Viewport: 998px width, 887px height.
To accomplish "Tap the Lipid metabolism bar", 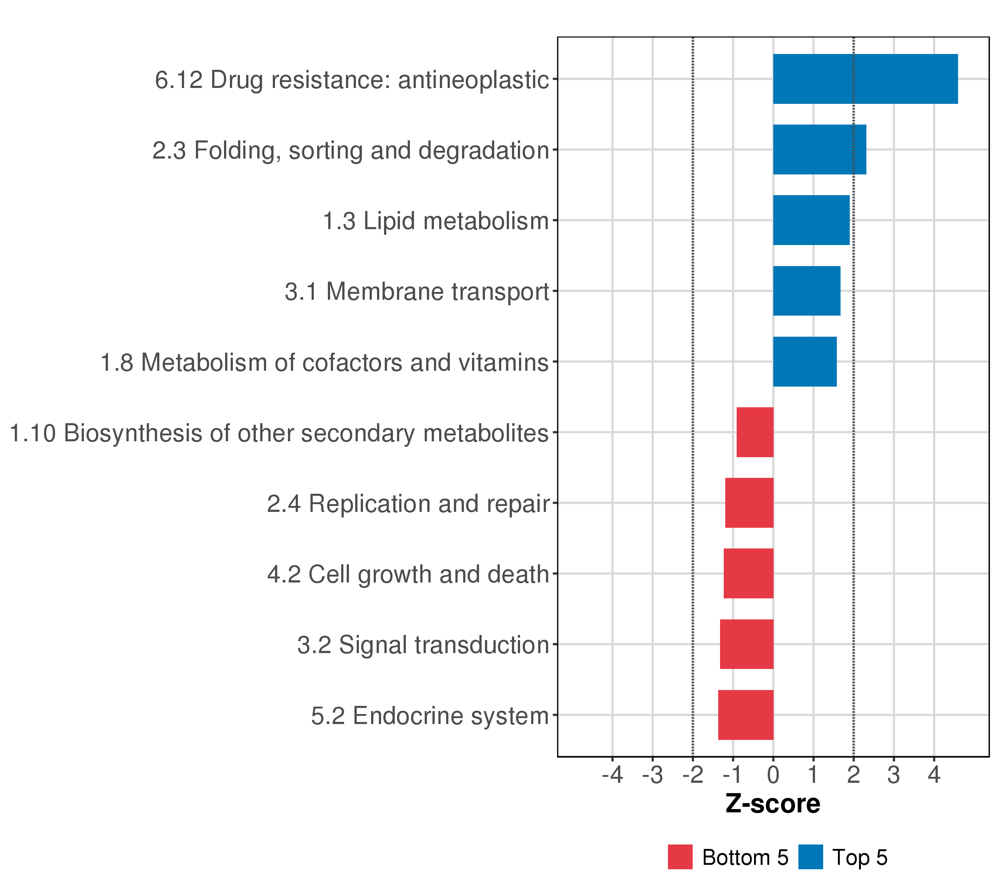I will tap(811, 220).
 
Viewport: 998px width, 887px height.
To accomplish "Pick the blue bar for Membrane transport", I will tap(806, 291).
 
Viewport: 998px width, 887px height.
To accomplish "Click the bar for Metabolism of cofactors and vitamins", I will tap(804, 362).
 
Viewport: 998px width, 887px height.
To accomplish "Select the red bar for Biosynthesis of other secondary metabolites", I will tap(754, 432).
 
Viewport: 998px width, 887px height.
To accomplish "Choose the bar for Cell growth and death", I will tap(748, 574).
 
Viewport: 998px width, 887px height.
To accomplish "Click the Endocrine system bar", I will tap(745, 715).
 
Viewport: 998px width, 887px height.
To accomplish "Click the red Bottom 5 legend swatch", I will tap(680, 857).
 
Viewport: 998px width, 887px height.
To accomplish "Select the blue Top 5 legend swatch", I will tap(811, 857).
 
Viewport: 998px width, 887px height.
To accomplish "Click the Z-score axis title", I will tap(773, 803).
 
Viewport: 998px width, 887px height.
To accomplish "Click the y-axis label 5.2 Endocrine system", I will tap(430, 716).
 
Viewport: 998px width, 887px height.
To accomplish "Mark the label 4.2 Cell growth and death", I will tap(408, 574).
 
